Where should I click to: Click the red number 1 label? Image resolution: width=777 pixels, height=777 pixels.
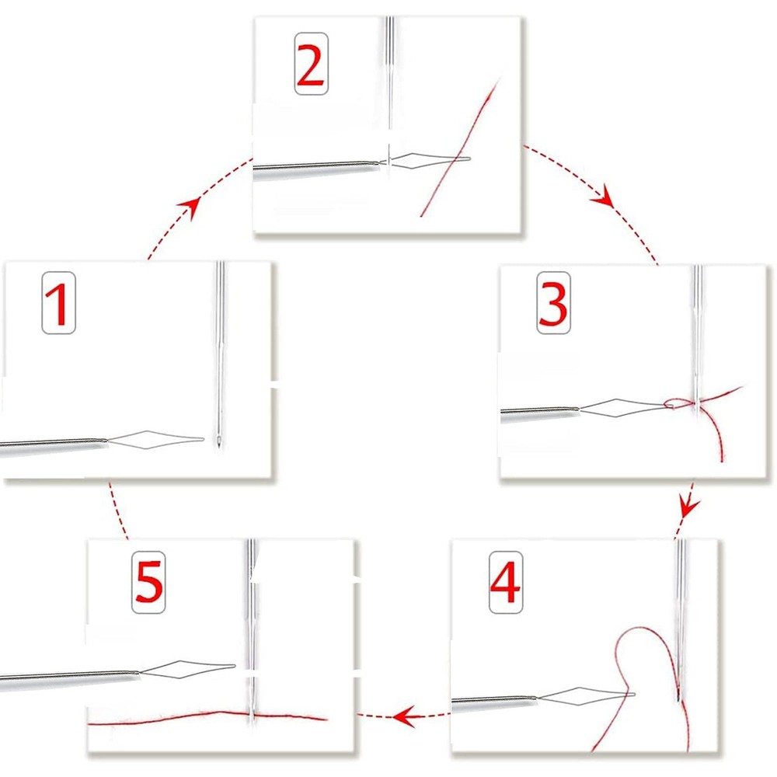[x=58, y=302]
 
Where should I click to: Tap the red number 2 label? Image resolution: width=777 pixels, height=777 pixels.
[x=310, y=65]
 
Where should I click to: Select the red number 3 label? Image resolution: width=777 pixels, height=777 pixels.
[x=552, y=303]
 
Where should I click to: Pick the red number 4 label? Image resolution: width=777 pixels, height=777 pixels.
[x=505, y=582]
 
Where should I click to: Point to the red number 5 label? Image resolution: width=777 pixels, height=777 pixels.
[x=148, y=583]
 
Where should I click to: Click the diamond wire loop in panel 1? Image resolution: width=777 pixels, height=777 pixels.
[x=155, y=440]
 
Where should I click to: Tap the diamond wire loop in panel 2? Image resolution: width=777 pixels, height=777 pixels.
[x=427, y=161]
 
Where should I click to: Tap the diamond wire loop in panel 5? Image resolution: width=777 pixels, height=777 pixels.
[x=186, y=667]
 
